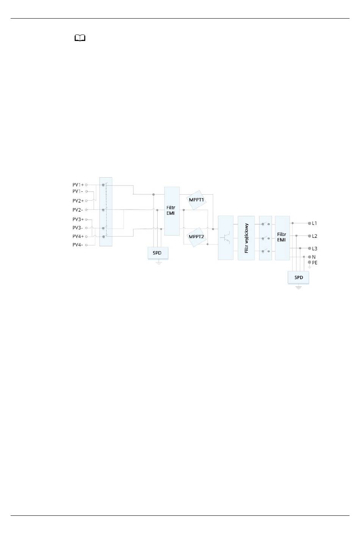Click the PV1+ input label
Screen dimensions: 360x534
click(x=78, y=185)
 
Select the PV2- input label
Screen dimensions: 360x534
click(x=78, y=210)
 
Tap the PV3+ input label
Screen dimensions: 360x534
click(x=78, y=219)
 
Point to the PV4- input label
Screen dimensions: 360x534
click(x=78, y=245)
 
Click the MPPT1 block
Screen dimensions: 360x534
click(x=196, y=200)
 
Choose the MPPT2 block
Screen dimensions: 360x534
click(x=196, y=237)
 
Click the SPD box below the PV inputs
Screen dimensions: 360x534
click(x=158, y=253)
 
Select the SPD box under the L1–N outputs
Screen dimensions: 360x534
click(x=298, y=278)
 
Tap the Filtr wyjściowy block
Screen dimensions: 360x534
click(x=246, y=238)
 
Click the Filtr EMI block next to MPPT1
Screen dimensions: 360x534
click(x=172, y=211)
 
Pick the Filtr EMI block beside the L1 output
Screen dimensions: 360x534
click(x=282, y=238)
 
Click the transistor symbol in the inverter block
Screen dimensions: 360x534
click(x=225, y=238)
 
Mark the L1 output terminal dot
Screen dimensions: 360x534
click(x=310, y=223)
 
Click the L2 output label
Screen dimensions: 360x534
click(x=315, y=236)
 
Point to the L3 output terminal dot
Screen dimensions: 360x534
click(x=310, y=248)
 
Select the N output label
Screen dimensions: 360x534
click(x=314, y=257)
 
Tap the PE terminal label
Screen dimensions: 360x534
click(x=315, y=263)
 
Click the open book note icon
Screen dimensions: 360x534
click(x=80, y=38)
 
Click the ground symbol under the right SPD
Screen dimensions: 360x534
click(x=298, y=287)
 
